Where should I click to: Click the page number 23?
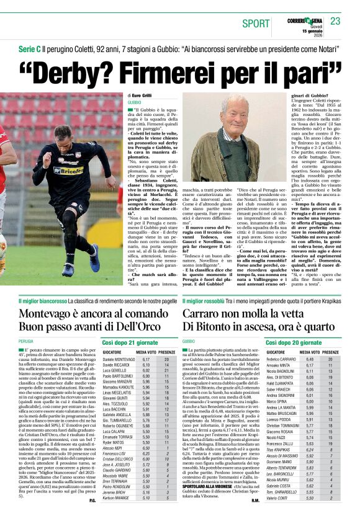[x=335, y=22]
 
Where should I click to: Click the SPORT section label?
[x=256, y=24]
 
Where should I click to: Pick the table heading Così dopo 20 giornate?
[x=292, y=342]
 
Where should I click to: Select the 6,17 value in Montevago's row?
[x=146, y=359]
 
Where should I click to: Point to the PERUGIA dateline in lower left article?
[x=26, y=341]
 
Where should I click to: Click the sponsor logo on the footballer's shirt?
[x=68, y=169]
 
